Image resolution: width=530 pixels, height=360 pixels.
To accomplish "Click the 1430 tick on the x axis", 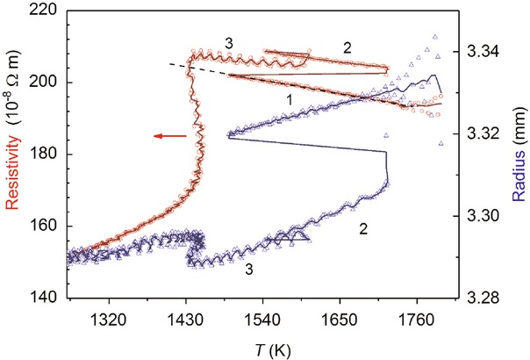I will pos(185,315).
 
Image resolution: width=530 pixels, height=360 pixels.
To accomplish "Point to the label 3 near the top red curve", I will pos(228,42).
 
